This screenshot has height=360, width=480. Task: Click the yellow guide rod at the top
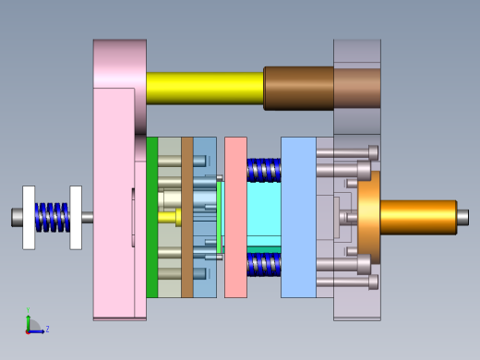point(203,88)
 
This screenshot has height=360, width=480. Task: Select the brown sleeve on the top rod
point(297,88)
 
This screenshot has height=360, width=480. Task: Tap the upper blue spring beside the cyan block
point(264,170)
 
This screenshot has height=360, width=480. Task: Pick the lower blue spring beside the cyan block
point(264,265)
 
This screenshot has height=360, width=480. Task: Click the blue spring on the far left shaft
point(53,217)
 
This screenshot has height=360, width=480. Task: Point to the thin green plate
point(151,217)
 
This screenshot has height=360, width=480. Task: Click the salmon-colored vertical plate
point(235,217)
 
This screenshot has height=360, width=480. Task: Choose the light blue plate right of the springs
point(297,217)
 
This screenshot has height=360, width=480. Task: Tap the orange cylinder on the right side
point(415,218)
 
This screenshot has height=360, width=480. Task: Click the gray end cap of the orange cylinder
point(462,218)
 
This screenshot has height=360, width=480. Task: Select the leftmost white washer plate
point(29,217)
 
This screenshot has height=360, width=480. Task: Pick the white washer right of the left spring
point(76,217)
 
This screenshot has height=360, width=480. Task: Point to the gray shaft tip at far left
point(17,217)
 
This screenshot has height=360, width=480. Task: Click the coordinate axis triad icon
point(30,325)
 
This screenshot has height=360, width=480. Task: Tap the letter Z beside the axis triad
point(47,329)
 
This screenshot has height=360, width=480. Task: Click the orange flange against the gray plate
point(368,218)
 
